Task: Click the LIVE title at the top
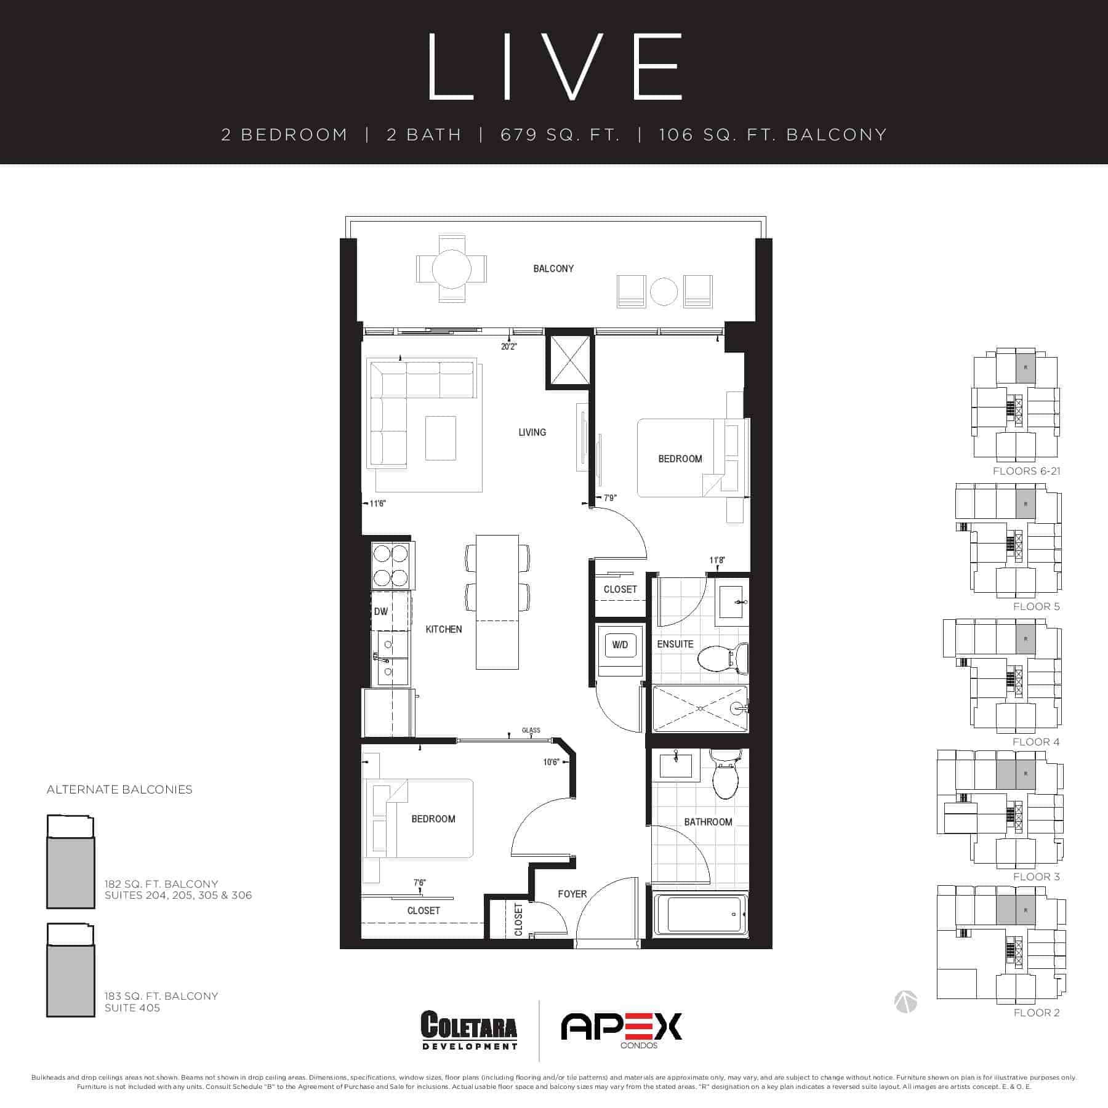point(554,66)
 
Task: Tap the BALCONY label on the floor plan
point(553,268)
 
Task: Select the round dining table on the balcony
point(452,269)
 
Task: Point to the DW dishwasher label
point(381,611)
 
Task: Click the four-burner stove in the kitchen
point(392,565)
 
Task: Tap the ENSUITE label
point(675,644)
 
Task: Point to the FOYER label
point(572,894)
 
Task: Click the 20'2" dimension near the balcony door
point(509,347)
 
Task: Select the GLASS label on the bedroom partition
point(531,730)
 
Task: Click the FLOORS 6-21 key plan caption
point(1027,471)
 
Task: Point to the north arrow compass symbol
point(906,1002)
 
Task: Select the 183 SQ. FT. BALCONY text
point(161,996)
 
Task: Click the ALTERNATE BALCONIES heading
point(119,790)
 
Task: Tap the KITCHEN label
point(444,629)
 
